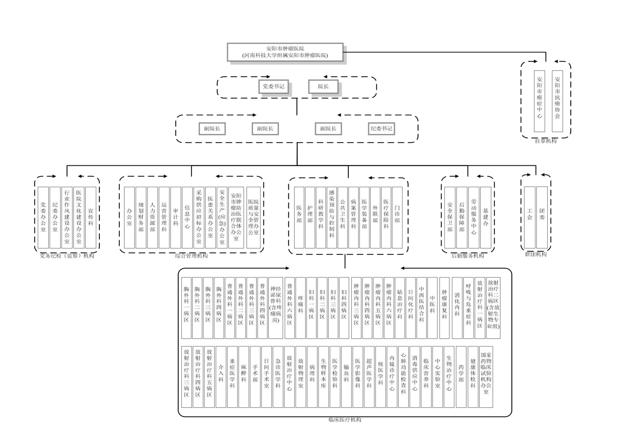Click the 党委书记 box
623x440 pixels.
[x=273, y=86]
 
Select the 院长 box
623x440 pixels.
[x=323, y=86]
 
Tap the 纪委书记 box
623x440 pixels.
[x=381, y=129]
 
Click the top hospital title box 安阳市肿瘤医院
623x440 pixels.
[x=285, y=52]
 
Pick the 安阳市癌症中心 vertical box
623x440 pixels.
[x=539, y=101]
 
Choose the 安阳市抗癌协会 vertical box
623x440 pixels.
[x=557, y=101]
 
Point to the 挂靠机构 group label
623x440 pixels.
[x=546, y=141]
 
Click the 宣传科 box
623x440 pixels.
[x=91, y=217]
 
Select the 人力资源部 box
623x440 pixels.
[x=153, y=217]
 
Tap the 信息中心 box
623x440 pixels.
[x=187, y=217]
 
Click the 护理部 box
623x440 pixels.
[x=310, y=217]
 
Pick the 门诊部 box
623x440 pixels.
[x=397, y=217]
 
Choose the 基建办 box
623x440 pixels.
[x=486, y=217]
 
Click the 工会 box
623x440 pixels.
[x=530, y=217]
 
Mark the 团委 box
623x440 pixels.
[x=542, y=217]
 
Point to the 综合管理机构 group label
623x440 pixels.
[x=191, y=256]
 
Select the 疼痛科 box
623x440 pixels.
[x=300, y=308]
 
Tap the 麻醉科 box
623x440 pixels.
[x=244, y=377]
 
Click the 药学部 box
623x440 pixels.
[x=461, y=377]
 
